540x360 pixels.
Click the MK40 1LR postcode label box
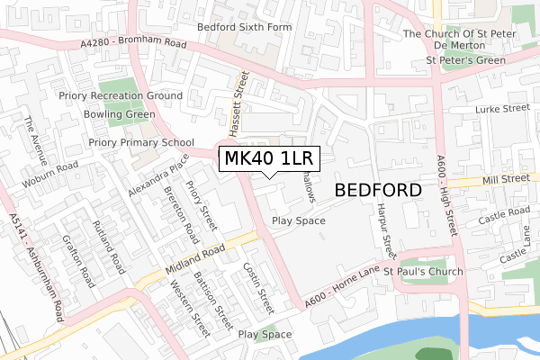[268, 159]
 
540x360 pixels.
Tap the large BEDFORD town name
[378, 191]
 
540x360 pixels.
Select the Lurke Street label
[503, 109]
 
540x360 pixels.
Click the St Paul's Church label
[423, 271]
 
